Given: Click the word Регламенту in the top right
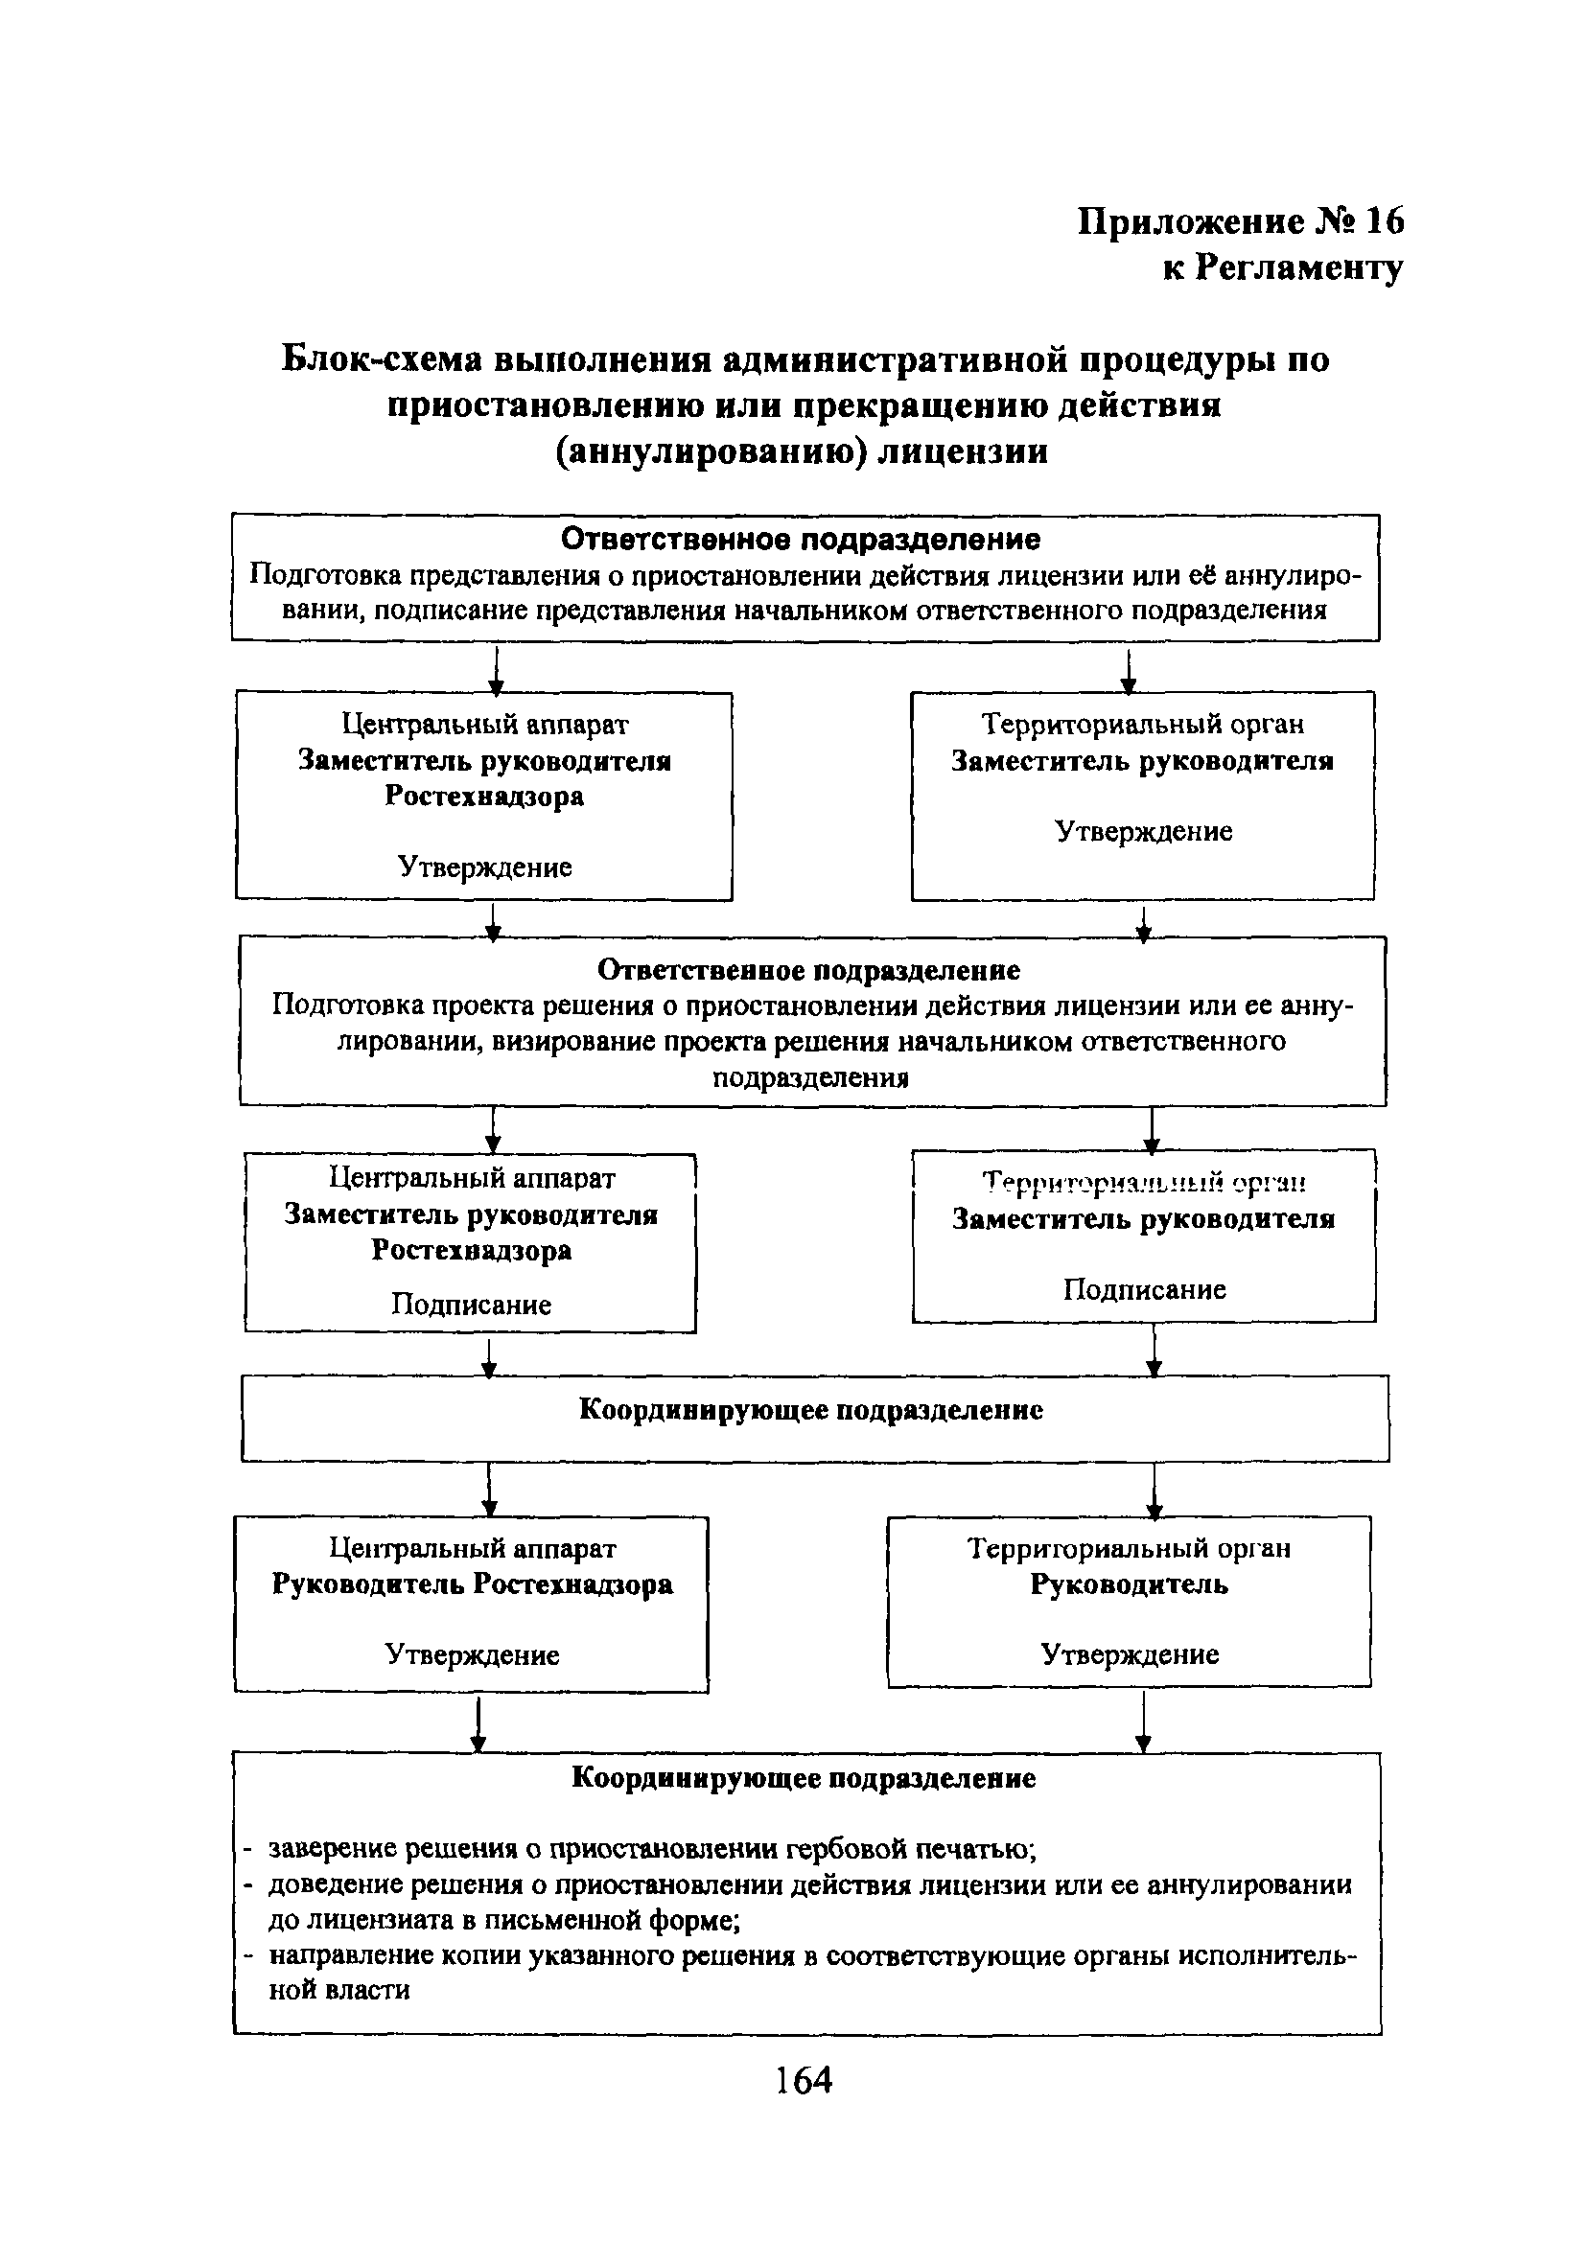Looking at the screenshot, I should [x=1298, y=267].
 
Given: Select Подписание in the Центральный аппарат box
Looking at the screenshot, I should [x=471, y=1305].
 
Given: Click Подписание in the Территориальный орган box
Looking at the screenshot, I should [x=1145, y=1289].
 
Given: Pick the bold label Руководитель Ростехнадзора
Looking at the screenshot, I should [x=472, y=1583].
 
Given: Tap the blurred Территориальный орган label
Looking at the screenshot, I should [x=1145, y=1182].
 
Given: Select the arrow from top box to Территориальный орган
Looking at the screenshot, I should [x=1129, y=670].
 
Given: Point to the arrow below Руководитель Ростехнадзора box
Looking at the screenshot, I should [x=478, y=1723].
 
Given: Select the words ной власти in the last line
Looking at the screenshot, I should [x=339, y=1990].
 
